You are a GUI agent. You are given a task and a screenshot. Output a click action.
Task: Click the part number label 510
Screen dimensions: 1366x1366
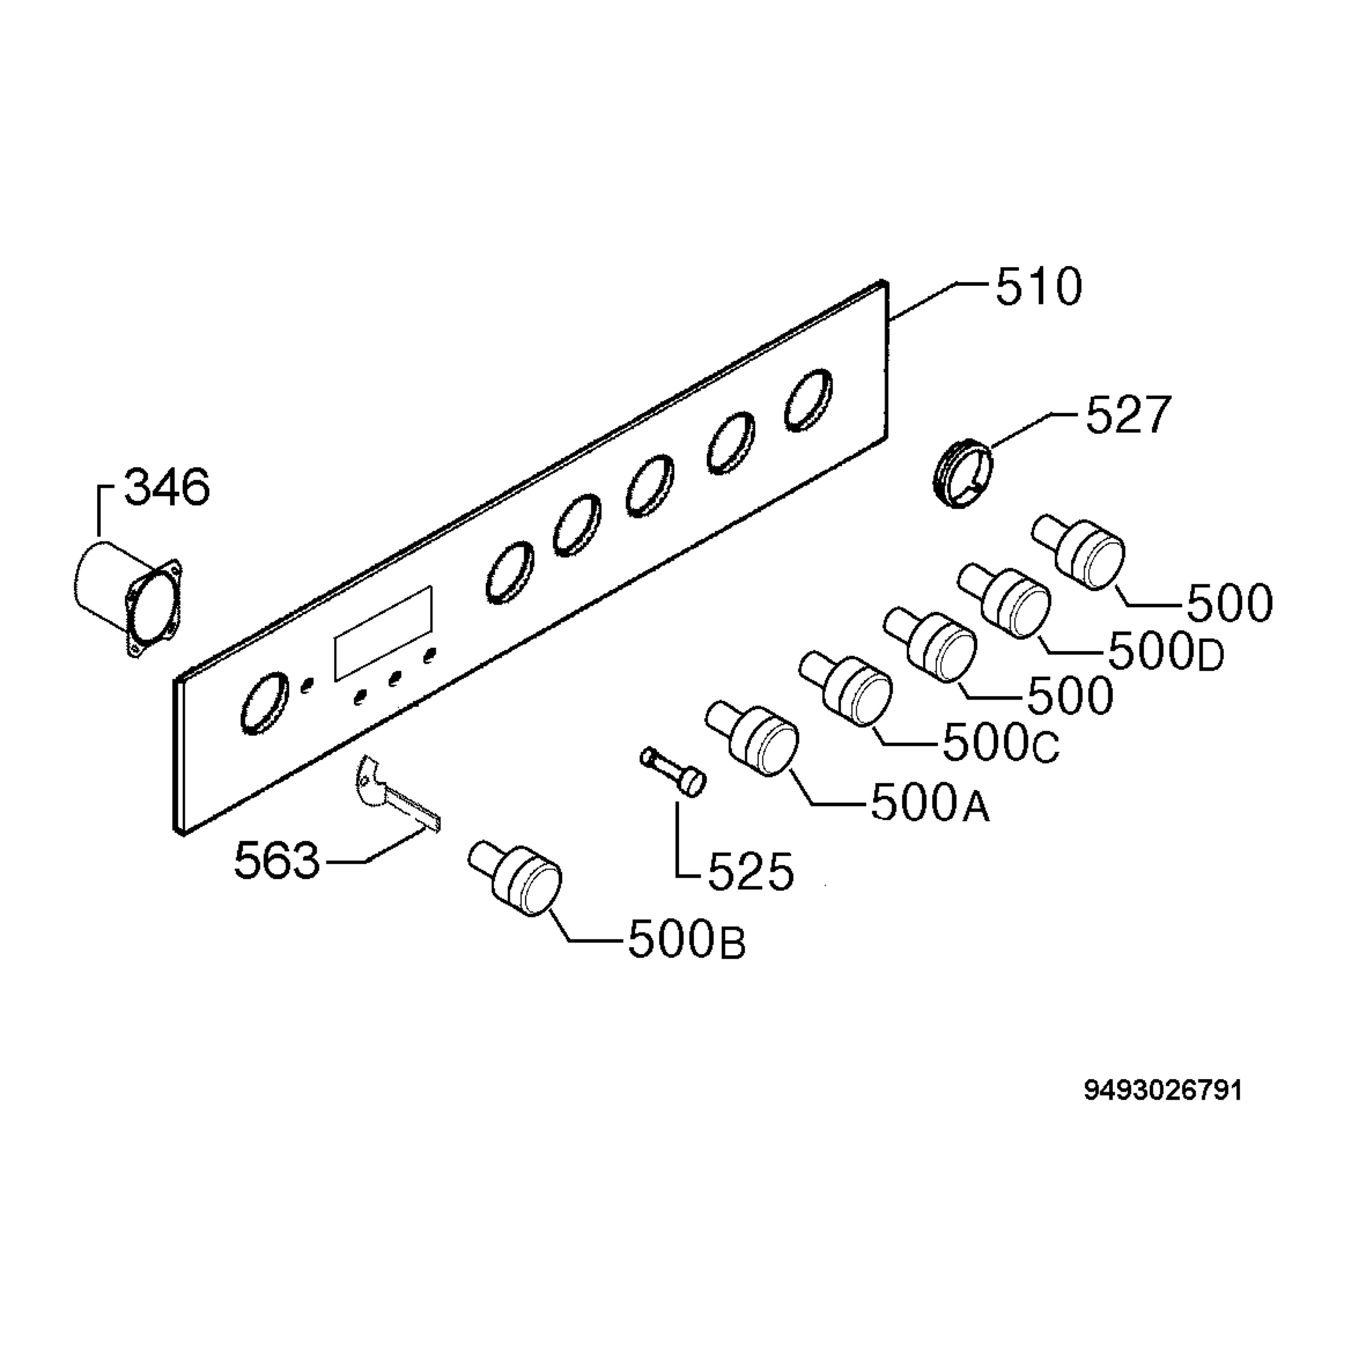[1039, 286]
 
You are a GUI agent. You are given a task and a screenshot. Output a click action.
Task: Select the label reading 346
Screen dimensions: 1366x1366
[167, 487]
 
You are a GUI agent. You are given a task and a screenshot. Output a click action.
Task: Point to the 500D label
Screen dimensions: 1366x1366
[1166, 651]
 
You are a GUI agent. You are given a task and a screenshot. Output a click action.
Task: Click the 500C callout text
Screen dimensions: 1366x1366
[1001, 742]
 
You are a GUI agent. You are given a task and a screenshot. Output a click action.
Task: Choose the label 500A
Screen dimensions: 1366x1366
[931, 803]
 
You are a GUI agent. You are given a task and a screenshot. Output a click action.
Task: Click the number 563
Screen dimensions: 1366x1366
[277, 861]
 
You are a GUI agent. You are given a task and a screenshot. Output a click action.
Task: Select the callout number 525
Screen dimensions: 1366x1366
[751, 872]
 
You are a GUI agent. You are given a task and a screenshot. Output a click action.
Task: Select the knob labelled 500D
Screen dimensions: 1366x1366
[1005, 602]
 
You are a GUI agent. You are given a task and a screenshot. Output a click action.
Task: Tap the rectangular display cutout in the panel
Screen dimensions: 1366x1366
[383, 633]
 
